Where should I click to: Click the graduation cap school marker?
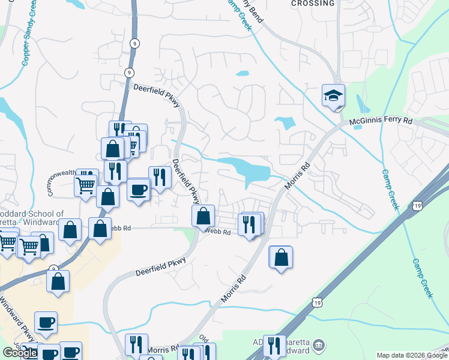tap(333, 96)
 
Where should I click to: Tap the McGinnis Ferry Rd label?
tap(381, 121)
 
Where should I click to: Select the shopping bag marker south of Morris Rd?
tap(281, 258)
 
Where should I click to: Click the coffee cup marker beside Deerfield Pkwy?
tap(139, 190)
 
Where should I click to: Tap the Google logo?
tap(20, 353)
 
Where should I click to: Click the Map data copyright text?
tap(411, 355)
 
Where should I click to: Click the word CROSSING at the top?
tap(312, 4)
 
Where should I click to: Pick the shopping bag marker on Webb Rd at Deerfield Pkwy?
tap(203, 216)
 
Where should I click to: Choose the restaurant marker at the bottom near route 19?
tap(274, 346)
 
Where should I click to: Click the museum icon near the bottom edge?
tap(319, 345)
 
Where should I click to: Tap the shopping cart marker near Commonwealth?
tap(86, 185)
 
